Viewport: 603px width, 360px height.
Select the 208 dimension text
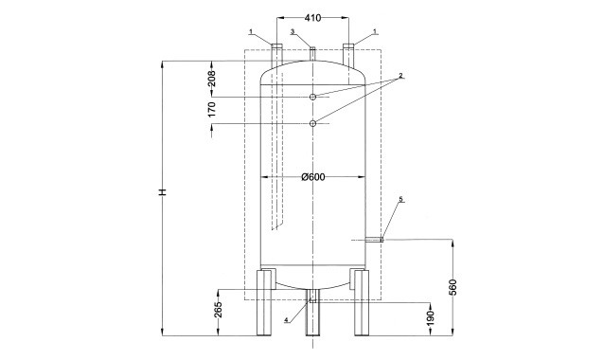212,79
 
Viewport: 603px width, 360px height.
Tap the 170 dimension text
212,110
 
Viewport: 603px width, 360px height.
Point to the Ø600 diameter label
313,177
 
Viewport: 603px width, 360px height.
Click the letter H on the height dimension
163,192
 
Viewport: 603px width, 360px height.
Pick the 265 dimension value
220,311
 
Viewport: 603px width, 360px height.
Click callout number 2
400,76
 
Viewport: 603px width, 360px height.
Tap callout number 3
293,32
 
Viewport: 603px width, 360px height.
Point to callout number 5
400,199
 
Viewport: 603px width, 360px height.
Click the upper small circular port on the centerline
313,97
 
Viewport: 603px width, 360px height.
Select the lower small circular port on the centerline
313,122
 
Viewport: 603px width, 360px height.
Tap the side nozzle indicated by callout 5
381,240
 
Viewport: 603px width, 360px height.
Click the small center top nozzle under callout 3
313,51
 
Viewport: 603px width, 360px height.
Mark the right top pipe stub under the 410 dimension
349,53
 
